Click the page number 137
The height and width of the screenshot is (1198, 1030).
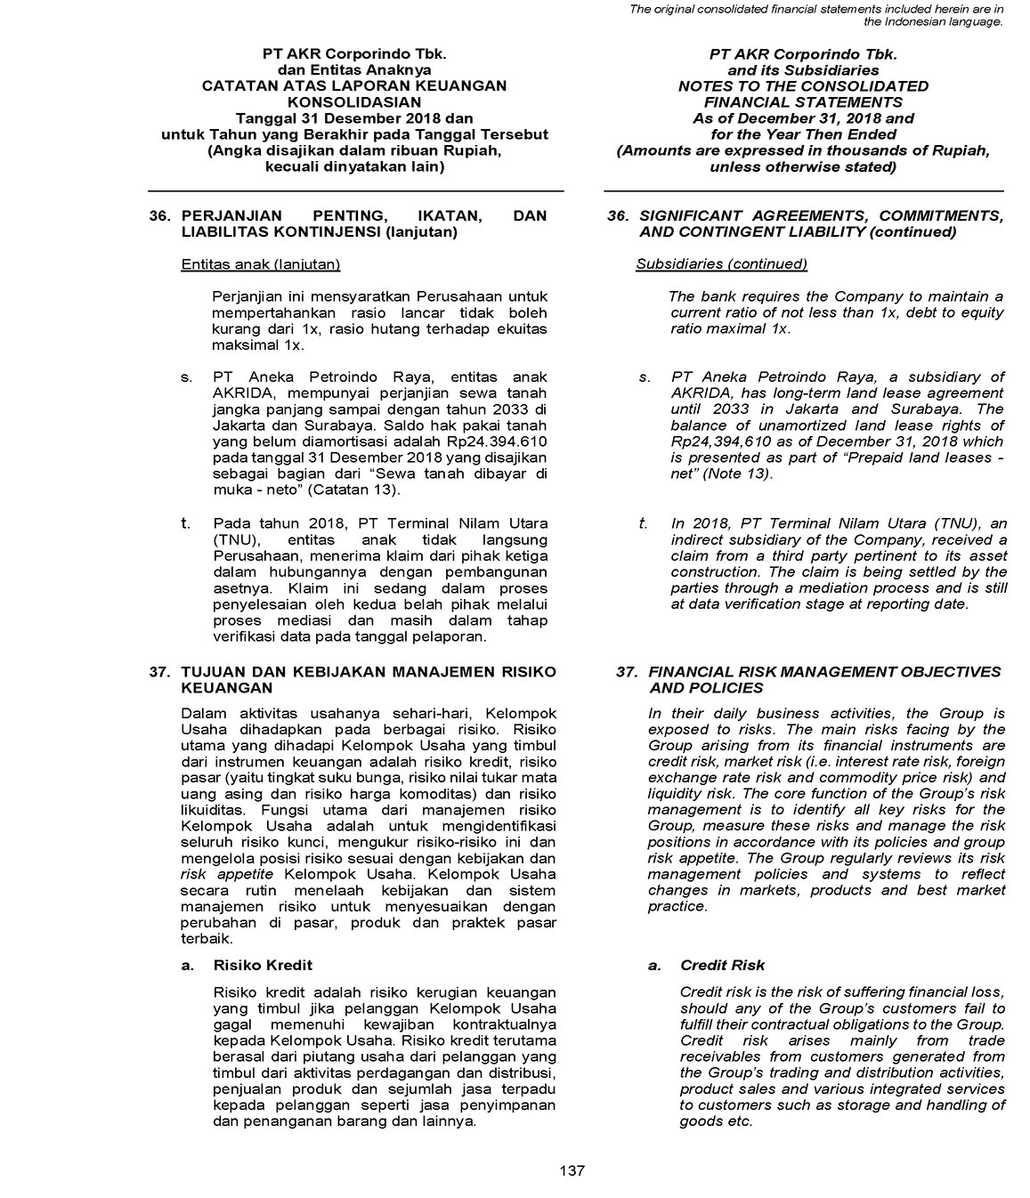572,1170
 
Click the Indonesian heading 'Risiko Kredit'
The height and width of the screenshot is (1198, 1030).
263,965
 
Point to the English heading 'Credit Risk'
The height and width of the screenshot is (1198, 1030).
722,965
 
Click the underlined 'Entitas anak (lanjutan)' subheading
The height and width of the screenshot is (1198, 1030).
260,264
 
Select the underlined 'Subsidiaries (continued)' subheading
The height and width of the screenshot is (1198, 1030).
721,264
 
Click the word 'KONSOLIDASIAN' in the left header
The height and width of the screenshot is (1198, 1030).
354,101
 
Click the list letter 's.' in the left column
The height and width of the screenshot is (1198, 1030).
187,377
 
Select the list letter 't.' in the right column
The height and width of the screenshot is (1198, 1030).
643,523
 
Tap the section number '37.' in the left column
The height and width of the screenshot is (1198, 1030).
161,672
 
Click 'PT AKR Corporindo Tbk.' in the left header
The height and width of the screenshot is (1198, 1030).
354,54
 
